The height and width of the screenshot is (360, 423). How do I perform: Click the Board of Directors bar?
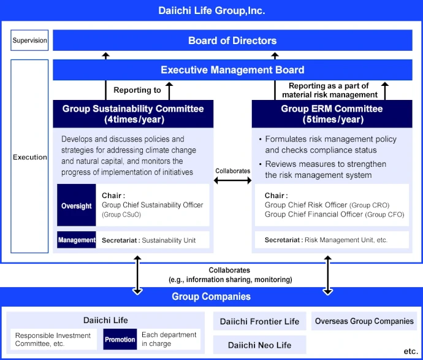(x=232, y=40)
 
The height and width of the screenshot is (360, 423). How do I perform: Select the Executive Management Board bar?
(x=232, y=70)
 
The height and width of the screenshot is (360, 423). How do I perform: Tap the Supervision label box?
(x=29, y=40)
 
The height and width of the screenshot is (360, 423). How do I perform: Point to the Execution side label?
(x=29, y=157)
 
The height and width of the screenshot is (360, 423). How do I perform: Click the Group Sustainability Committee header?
(x=133, y=113)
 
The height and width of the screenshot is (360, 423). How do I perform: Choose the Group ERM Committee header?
(x=332, y=113)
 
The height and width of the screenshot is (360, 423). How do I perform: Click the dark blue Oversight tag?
(x=77, y=206)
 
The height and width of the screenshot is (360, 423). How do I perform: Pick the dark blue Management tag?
(x=77, y=240)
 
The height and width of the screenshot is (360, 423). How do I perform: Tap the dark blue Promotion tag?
(x=120, y=339)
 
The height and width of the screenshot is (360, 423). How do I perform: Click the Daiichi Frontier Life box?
(x=259, y=321)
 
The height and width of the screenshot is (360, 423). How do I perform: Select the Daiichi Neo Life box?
(x=259, y=345)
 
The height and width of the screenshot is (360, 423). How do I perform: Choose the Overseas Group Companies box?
(x=364, y=321)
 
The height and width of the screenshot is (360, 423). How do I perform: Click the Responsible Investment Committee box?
(x=53, y=339)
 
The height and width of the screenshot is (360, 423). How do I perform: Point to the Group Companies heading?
(x=211, y=296)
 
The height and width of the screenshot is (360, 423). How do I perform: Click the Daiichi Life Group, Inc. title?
(x=211, y=10)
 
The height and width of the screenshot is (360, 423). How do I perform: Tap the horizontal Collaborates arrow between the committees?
(x=232, y=180)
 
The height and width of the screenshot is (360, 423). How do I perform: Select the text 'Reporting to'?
(x=137, y=90)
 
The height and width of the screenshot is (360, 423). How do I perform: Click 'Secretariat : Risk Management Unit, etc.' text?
(x=326, y=240)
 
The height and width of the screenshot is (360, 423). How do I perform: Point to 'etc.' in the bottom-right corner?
(x=410, y=351)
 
